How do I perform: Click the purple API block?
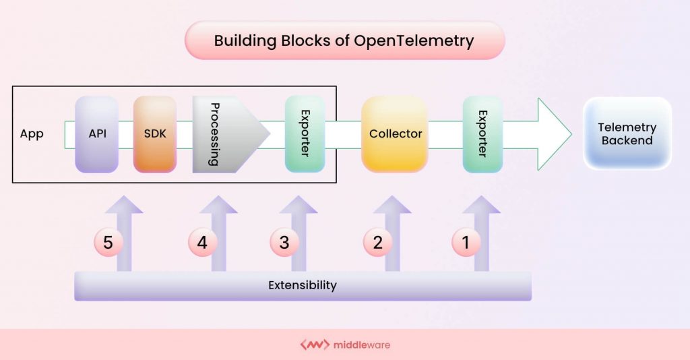coord(96,134)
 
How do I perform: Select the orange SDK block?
coord(154,134)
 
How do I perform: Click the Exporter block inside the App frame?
coord(305,134)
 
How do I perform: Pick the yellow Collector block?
coord(395,134)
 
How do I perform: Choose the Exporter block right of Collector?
coord(482,134)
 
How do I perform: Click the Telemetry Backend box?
coord(627,134)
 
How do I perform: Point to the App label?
coord(32,134)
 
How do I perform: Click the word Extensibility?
coord(302,285)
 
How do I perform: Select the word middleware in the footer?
coord(362,345)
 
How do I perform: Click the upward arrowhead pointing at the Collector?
coord(392,206)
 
